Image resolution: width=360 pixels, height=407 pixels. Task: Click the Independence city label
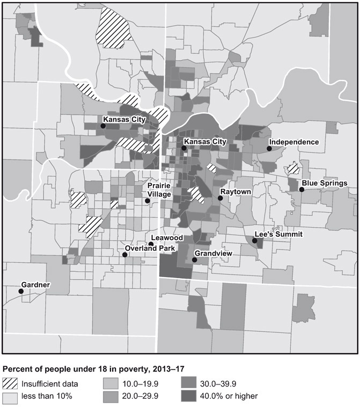pos(294,142)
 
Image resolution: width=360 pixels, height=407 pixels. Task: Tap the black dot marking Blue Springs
pos(302,190)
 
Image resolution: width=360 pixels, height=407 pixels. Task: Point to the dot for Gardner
pos(21,291)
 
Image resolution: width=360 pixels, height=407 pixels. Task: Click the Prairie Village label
pos(159,190)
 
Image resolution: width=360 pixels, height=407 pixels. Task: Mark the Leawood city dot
pos(151,244)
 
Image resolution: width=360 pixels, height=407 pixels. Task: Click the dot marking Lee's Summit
pos(255,241)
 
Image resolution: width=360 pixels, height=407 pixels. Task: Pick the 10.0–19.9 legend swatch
pos(111,384)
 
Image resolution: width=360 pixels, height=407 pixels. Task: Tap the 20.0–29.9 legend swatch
pos(111,396)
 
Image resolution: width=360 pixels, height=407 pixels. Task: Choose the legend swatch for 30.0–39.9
pos(188,384)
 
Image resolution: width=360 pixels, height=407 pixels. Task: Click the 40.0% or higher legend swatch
pos(188,396)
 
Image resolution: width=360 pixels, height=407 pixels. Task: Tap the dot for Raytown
pos(220,198)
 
